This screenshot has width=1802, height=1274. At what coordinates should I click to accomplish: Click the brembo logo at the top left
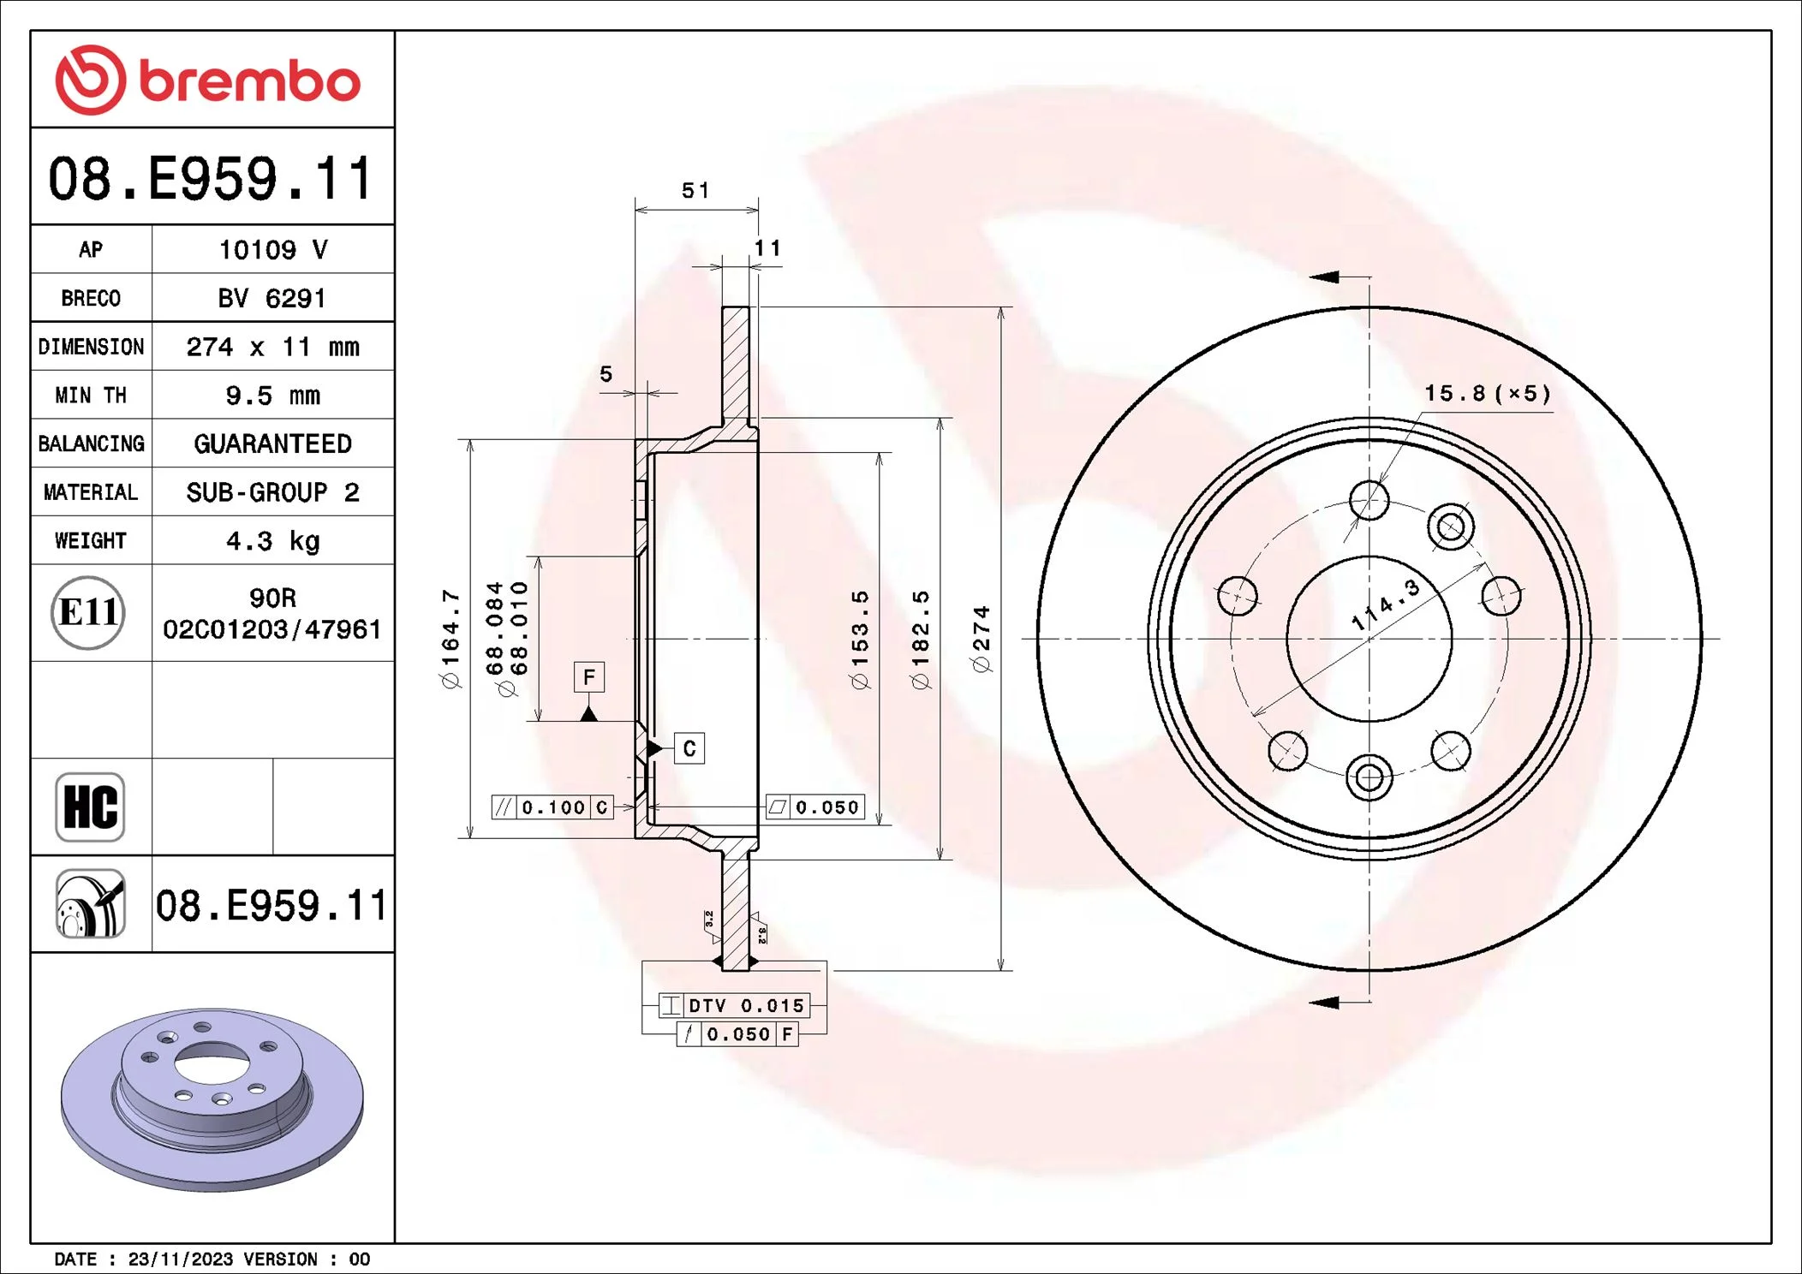(208, 80)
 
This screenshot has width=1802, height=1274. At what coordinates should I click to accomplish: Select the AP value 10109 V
(273, 250)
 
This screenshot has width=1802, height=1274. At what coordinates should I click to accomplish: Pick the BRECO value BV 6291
(272, 298)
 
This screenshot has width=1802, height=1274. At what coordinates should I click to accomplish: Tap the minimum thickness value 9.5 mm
(273, 396)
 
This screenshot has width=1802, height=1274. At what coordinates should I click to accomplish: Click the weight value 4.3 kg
(273, 541)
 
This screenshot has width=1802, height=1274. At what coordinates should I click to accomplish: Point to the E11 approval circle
(88, 613)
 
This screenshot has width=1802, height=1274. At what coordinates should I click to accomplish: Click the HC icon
(90, 807)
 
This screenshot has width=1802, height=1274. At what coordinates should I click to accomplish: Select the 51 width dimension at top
(695, 190)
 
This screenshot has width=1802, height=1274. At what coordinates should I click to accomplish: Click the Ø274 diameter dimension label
(982, 639)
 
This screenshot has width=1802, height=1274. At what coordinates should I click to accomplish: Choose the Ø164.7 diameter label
(450, 639)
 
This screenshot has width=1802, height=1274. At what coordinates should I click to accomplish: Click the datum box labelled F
(589, 677)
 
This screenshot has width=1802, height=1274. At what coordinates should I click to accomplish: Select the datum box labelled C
(689, 748)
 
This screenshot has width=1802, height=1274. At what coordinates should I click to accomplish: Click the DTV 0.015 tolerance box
(734, 1005)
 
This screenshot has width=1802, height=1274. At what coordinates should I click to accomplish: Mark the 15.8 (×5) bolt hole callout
(1488, 393)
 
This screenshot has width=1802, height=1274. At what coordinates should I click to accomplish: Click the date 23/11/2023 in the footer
(181, 1259)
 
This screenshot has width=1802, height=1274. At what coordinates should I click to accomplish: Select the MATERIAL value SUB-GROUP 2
(273, 492)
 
